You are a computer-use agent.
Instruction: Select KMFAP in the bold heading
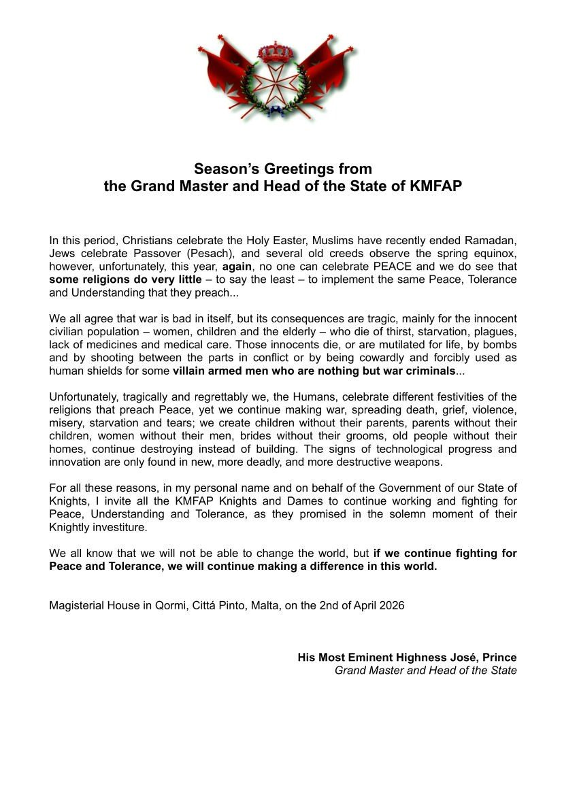tap(436, 185)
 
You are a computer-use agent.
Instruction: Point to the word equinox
tap(496, 253)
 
